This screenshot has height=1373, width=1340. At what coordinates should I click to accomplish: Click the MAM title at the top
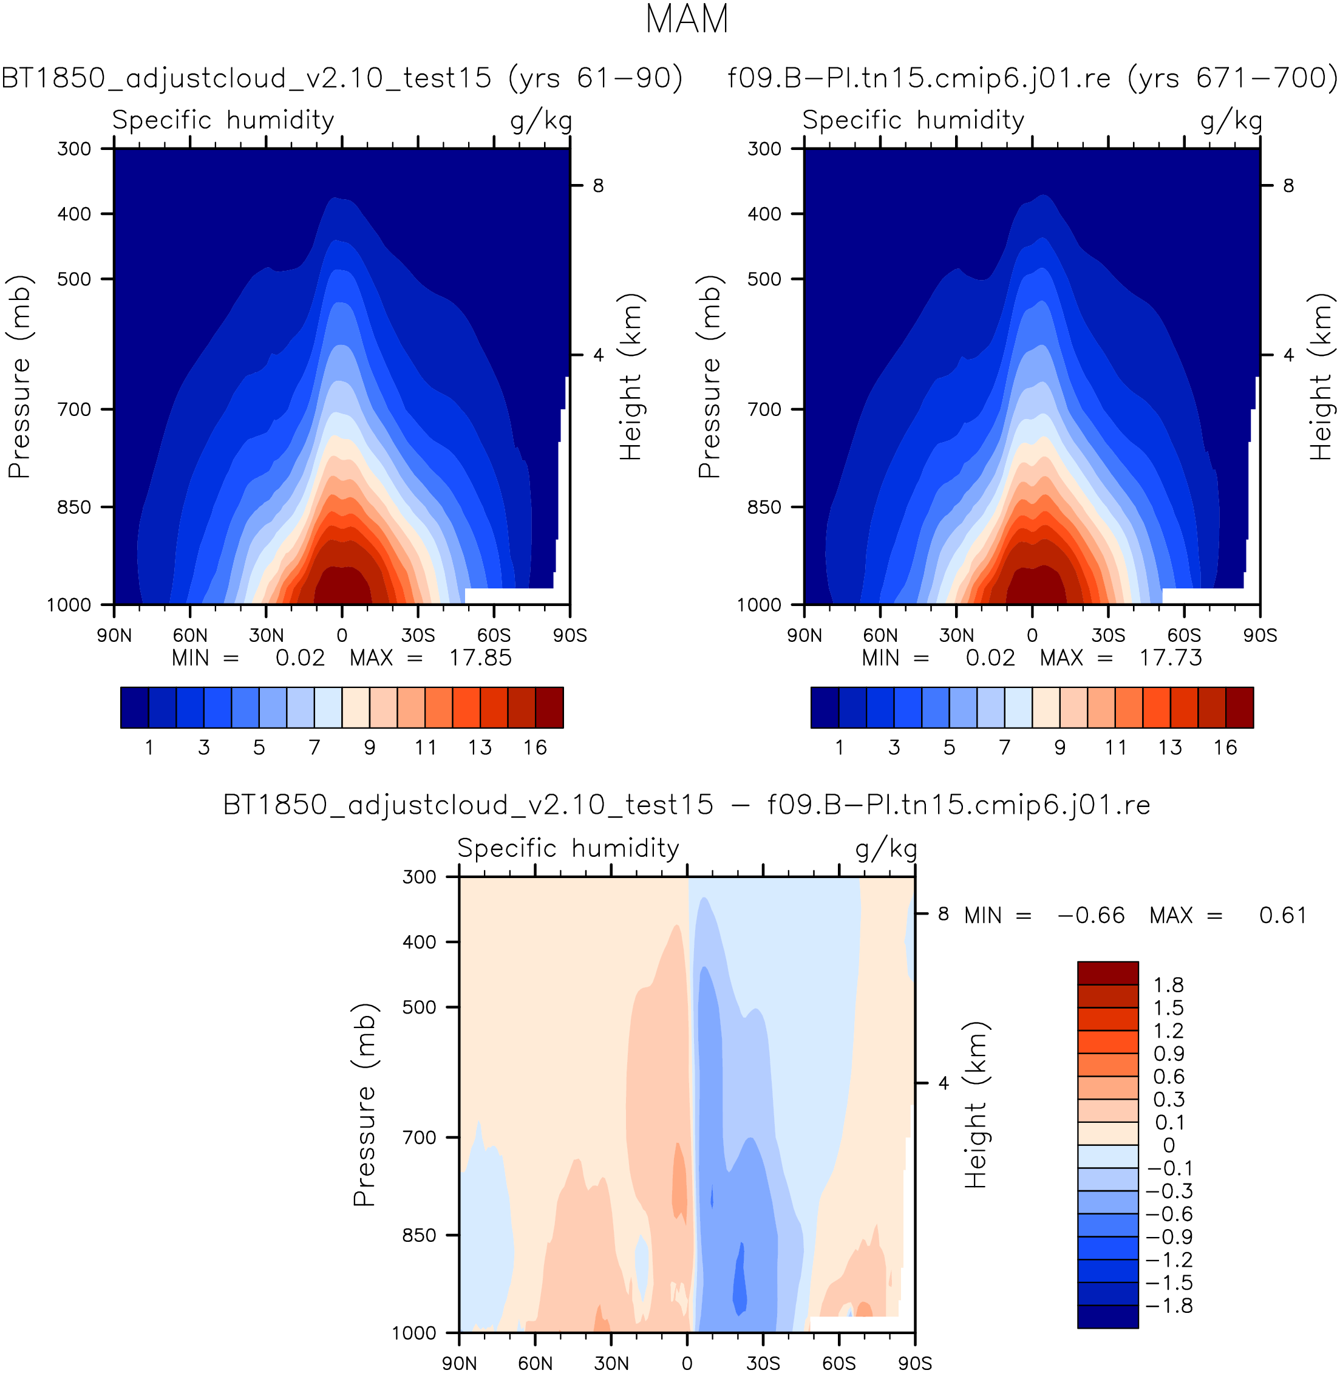[686, 19]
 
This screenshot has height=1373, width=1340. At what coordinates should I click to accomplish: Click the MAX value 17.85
[481, 658]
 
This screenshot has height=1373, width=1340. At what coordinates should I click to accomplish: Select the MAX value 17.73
[1171, 658]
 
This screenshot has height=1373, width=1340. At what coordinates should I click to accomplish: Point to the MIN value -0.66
[1091, 916]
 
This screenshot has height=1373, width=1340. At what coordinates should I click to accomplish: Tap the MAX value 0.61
[1282, 916]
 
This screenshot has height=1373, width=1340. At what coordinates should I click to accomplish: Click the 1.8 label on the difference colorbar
[1168, 985]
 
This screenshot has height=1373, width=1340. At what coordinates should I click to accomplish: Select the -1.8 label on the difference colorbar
[1169, 1306]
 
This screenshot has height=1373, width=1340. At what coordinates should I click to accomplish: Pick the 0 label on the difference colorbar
[1169, 1146]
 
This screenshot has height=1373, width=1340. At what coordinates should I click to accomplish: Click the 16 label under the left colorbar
[535, 748]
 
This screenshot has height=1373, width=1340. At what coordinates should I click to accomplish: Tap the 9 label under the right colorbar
[1060, 748]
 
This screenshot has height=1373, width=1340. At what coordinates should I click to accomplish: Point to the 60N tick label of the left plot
[190, 635]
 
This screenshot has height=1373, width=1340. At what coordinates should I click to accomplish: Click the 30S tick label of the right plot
[1109, 635]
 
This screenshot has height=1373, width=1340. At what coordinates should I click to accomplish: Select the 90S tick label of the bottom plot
[915, 1364]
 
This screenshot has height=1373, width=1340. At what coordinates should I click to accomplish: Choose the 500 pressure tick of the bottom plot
[420, 1007]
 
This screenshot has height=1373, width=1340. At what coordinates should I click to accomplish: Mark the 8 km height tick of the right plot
[1288, 186]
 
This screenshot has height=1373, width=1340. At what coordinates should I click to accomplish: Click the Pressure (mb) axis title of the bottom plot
[364, 1105]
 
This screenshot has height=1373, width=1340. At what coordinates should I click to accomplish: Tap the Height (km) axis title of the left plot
[631, 376]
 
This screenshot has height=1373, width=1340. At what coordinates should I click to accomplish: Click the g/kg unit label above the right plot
[1231, 120]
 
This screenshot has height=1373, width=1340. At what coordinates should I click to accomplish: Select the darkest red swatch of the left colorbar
[549, 707]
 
